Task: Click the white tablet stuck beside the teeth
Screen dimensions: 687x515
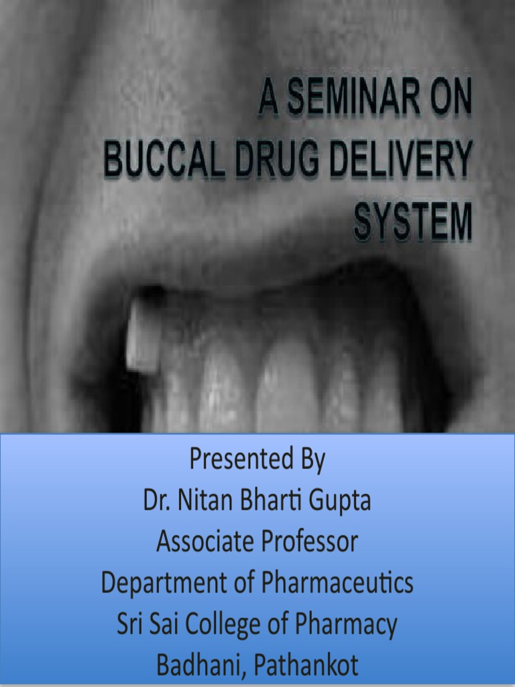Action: pyautogui.click(x=140, y=335)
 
